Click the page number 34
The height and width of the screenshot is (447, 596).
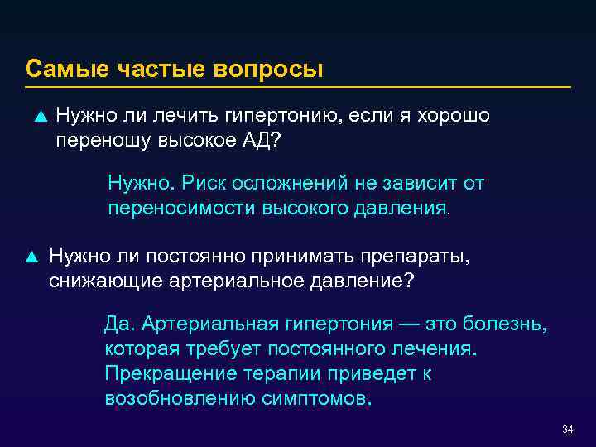(567, 430)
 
